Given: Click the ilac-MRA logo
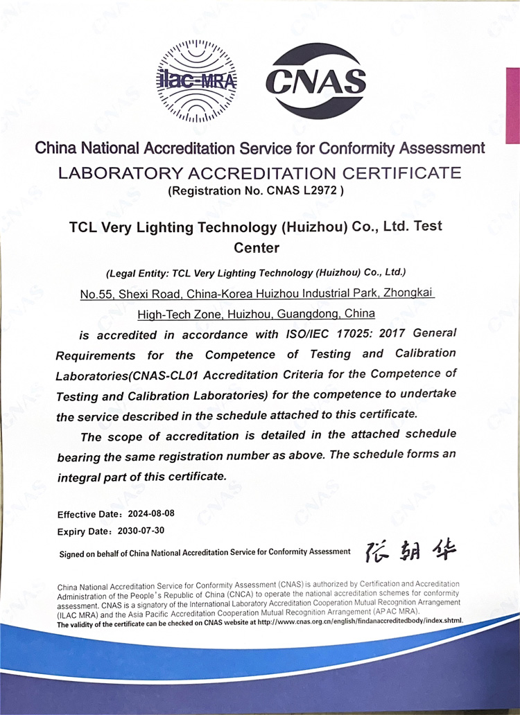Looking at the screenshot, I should click(197, 82).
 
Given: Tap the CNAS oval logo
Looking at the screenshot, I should click(315, 81).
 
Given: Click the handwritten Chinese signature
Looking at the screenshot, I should click(411, 551).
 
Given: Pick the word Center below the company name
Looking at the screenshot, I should click(257, 247).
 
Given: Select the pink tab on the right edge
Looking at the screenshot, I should click(512, 105).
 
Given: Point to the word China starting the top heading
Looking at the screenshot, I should click(56, 148).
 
